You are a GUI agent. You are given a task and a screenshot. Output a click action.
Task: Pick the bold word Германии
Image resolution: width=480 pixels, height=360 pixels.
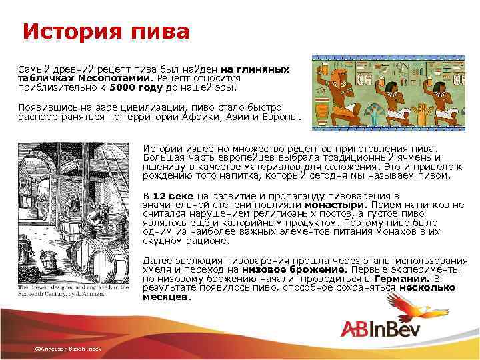[x=401, y=279]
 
